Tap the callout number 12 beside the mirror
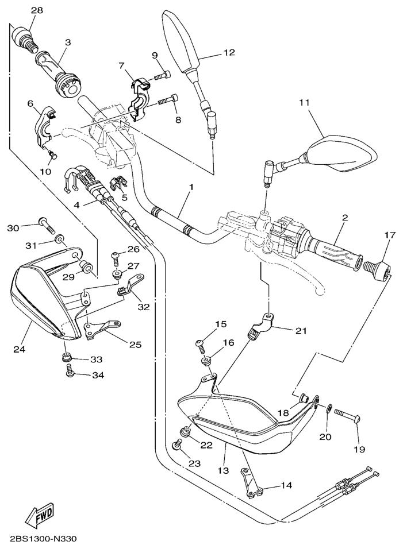(x=229, y=52)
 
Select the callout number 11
(x=304, y=102)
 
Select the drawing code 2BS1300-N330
(x=43, y=539)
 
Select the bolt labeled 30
(x=46, y=225)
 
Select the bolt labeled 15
(x=199, y=344)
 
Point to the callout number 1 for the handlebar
(x=191, y=187)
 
